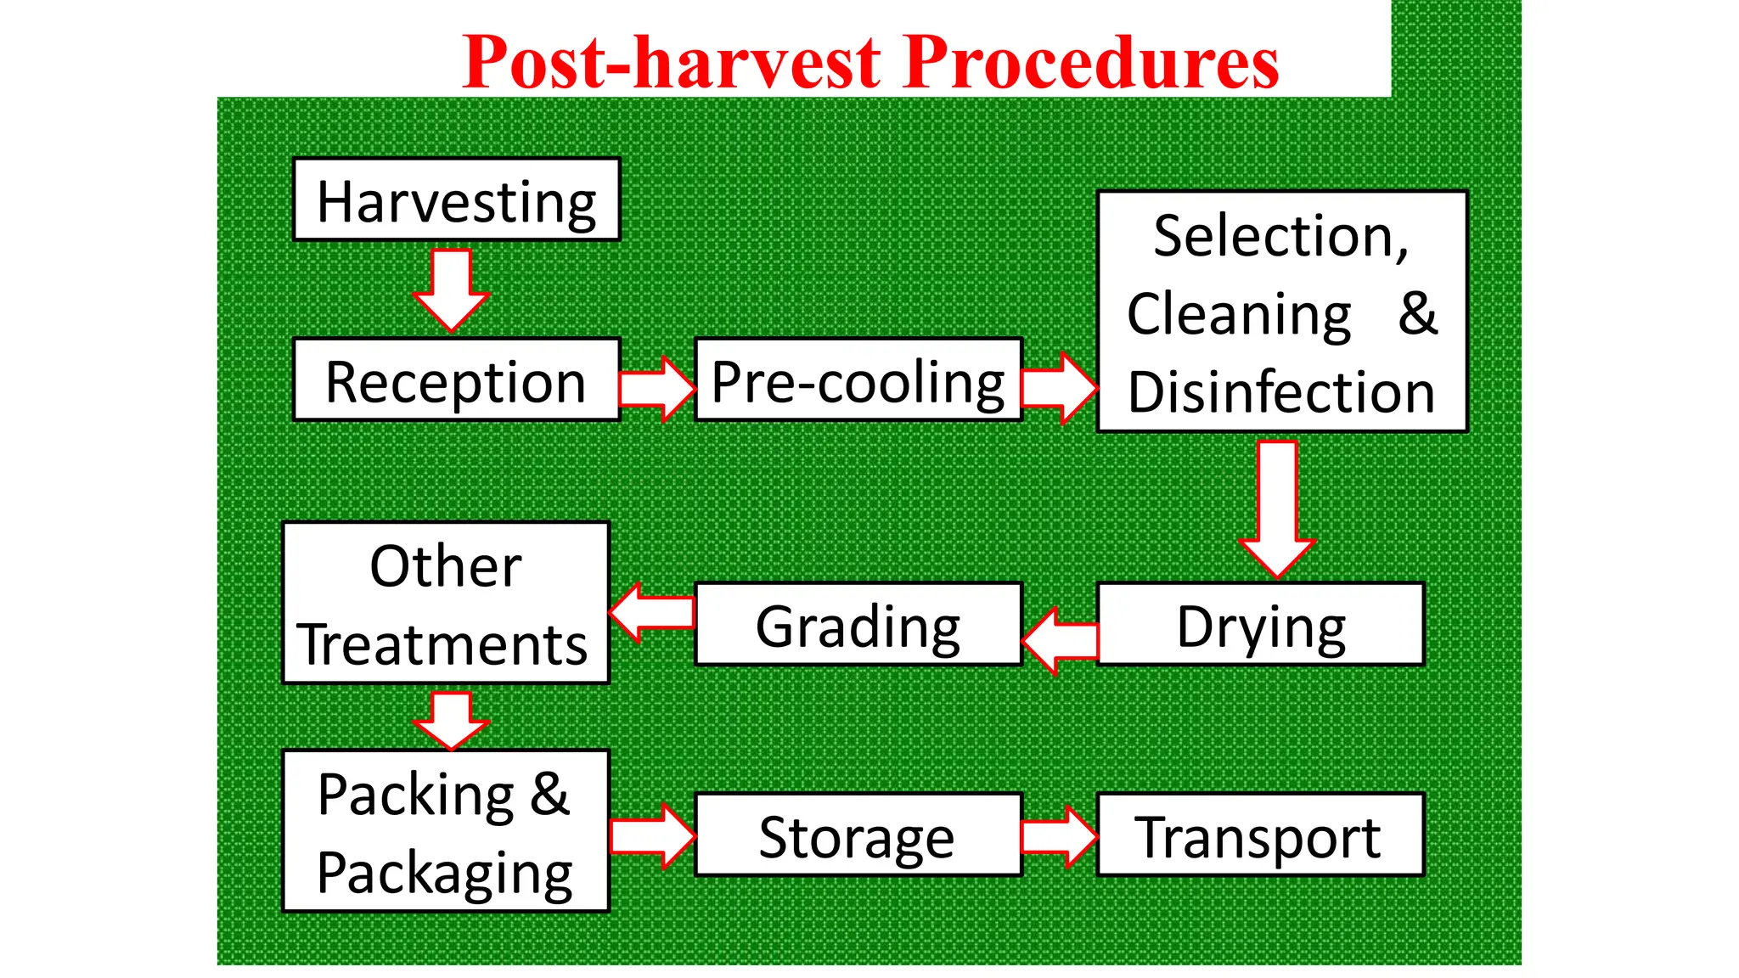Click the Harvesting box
pyautogui.click(x=456, y=200)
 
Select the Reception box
pyautogui.click(x=456, y=380)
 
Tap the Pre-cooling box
pyautogui.click(x=858, y=380)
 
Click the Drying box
pyautogui.click(x=1260, y=625)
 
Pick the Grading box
pyautogui.click(x=858, y=625)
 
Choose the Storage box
pyautogui.click(x=858, y=835)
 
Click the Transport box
pyautogui.click(x=1260, y=835)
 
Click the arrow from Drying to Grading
pyautogui.click(x=1061, y=641)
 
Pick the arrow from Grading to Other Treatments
pyautogui.click(x=652, y=612)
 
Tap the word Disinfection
pyautogui.click(x=1280, y=392)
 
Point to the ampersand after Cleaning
pyautogui.click(x=1417, y=313)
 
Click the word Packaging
pyautogui.click(x=445, y=873)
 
